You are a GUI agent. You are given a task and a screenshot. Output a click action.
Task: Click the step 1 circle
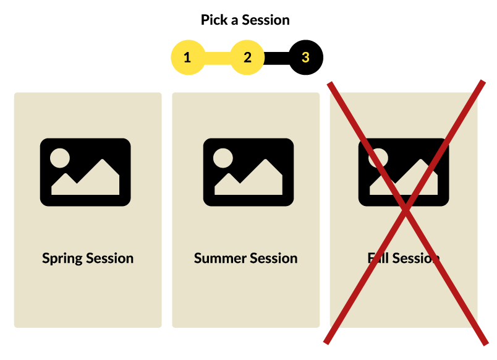(187, 58)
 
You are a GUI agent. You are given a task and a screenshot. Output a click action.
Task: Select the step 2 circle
(247, 58)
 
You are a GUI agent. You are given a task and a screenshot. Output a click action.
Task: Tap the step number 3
(305, 58)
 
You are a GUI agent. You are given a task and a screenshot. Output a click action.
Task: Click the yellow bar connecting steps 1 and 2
(217, 58)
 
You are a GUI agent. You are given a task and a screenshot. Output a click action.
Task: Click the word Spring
(62, 259)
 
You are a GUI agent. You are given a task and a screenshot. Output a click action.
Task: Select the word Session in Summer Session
(274, 258)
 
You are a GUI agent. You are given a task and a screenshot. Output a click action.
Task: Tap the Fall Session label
(404, 258)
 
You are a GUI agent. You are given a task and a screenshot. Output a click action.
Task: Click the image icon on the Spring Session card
(85, 172)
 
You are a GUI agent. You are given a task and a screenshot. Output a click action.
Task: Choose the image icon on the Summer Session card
(248, 172)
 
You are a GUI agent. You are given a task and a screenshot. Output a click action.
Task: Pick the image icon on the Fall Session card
(404, 172)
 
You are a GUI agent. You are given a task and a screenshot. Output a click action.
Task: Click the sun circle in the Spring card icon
(61, 158)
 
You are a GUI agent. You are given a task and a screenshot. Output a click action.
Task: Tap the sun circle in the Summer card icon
(223, 158)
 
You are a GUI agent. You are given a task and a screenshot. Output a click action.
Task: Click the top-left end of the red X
(331, 84)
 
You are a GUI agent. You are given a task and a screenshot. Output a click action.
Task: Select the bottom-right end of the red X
(485, 342)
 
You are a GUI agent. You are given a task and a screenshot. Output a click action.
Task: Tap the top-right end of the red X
(482, 82)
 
